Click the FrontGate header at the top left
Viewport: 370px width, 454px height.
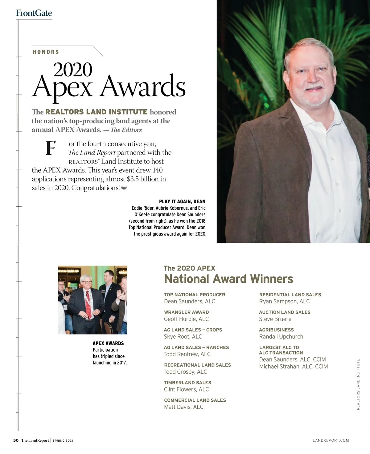point(34,13)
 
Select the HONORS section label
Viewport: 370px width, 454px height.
point(46,52)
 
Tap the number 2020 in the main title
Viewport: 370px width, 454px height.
point(73,70)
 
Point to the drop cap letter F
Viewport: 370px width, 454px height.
point(50,148)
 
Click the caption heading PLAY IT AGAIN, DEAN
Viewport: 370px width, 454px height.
point(182,201)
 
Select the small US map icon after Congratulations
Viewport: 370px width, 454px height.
point(124,188)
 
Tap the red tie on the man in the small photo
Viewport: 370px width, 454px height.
point(88,305)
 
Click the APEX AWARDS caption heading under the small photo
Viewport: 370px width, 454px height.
point(108,343)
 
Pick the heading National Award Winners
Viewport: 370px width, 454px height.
point(228,279)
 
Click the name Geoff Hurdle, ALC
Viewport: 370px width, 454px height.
point(186,319)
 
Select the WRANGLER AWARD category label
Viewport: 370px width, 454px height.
point(186,312)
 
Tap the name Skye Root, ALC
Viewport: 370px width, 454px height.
point(183,337)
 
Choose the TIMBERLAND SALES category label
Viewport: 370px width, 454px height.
point(187,383)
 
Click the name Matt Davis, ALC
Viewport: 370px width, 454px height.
point(183,407)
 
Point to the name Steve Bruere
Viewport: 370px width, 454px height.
point(275,319)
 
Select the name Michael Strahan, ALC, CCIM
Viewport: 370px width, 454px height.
point(293,367)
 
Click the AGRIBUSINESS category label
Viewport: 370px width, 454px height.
point(276,330)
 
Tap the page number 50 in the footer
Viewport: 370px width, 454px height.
point(16,440)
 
